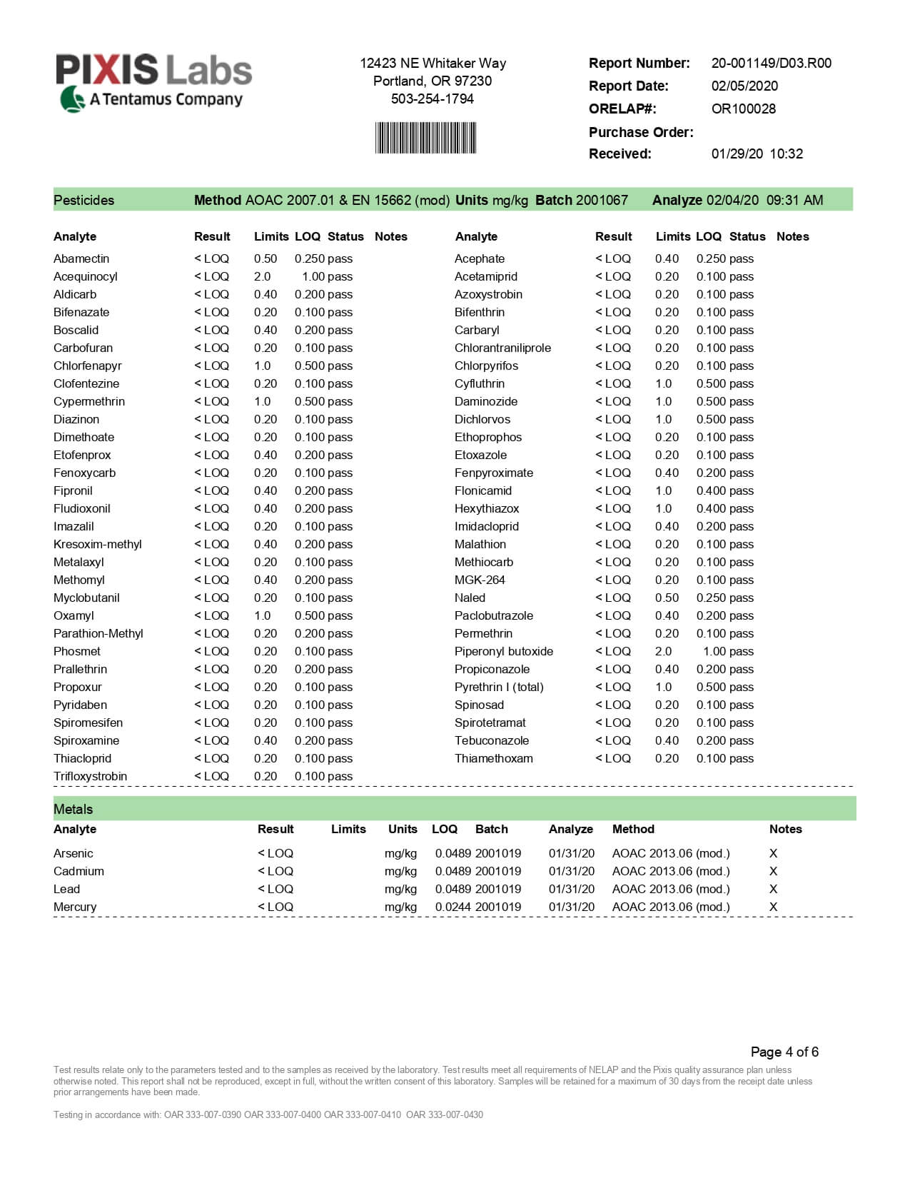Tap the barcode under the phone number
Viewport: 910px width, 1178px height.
425,138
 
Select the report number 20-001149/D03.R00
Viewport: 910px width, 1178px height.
771,63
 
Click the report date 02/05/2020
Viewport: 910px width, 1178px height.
744,86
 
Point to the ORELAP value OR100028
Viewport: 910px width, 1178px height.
743,109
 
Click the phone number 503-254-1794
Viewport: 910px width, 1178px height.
432,99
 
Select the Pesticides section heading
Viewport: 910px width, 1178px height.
84,200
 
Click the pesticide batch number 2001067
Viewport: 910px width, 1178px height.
602,200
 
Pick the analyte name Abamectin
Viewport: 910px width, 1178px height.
81,258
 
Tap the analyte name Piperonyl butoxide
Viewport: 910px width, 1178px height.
503,651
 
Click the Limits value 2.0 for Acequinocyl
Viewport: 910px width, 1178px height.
262,276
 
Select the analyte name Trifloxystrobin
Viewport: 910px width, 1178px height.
90,776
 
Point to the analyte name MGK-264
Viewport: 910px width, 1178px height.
479,580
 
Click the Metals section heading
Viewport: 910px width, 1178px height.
73,809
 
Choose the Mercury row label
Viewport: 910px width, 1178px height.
75,907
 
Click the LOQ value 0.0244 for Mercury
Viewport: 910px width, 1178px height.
453,907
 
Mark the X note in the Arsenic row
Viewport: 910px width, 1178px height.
773,853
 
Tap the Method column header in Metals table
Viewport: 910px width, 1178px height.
633,829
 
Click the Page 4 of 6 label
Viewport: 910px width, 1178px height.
784,1052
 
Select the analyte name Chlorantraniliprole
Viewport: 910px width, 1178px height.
502,348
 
